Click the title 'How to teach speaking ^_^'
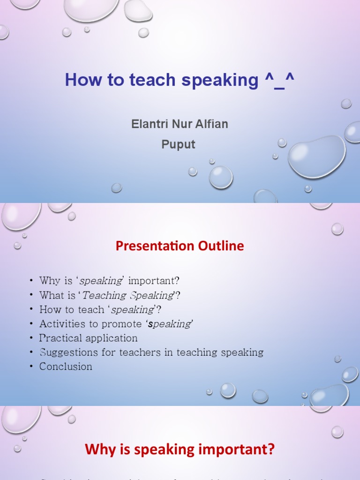click(180, 80)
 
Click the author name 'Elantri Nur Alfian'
click(180, 124)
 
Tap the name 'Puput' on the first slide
click(178, 144)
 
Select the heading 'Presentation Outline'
click(180, 246)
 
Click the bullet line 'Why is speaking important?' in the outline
click(109, 281)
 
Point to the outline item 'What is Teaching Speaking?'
click(110, 295)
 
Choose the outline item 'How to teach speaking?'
click(100, 309)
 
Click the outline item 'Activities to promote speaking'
click(116, 324)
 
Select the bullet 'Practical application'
click(88, 338)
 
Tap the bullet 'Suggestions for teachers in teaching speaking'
click(151, 352)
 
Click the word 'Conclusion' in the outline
click(66, 367)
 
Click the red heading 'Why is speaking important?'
click(180, 450)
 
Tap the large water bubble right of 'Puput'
click(316, 156)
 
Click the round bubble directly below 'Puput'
click(220, 177)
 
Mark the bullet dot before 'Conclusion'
click(31, 367)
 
